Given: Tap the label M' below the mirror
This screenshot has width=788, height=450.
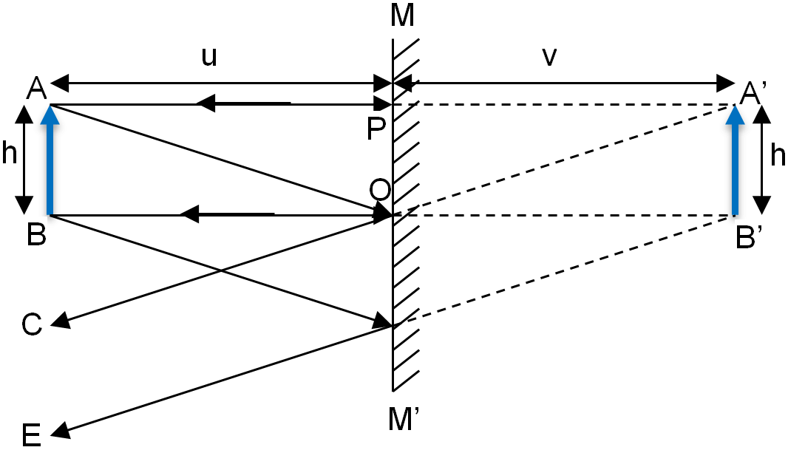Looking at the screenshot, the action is click(x=404, y=419).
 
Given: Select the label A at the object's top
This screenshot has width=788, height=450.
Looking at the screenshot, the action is click(x=36, y=89).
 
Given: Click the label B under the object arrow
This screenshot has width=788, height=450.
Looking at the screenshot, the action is click(x=37, y=233).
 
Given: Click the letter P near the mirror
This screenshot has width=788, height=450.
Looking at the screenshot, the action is click(x=376, y=129).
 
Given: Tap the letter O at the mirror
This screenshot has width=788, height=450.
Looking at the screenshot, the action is click(x=380, y=191).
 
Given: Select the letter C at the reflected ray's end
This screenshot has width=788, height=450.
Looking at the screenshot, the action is click(x=32, y=324).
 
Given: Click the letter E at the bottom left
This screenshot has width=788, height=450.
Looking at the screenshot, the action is click(x=32, y=435).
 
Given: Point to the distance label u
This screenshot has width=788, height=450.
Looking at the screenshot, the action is click(x=209, y=57).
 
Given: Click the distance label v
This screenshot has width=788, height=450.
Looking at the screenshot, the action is click(x=550, y=57).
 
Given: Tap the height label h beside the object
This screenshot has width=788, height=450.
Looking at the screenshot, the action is click(x=9, y=153).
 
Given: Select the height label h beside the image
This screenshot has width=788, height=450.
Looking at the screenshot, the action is click(x=778, y=156).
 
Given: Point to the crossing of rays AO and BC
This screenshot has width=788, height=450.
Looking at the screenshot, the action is click(x=220, y=271).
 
